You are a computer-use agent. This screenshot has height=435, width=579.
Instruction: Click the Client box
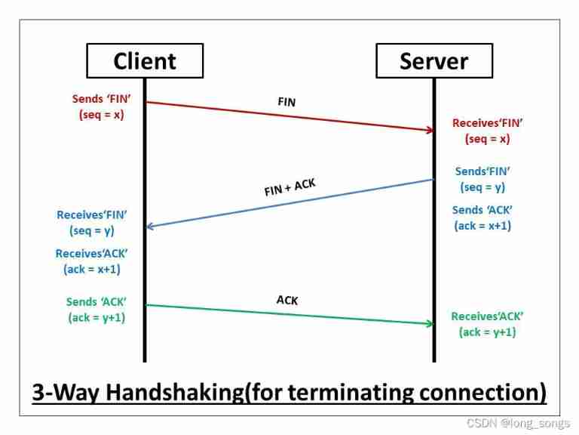(145, 60)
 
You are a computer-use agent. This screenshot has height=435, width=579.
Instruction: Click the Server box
(433, 60)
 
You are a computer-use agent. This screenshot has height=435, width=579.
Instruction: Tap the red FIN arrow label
(286, 102)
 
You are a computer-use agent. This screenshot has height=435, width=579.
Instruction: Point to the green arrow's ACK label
(287, 301)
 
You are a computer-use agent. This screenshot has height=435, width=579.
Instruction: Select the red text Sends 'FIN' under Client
(98, 99)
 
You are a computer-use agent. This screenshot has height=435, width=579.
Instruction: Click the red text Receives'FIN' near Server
(487, 123)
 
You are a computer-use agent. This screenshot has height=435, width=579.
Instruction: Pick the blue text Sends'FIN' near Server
(482, 171)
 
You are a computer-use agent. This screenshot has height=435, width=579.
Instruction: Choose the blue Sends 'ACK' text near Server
(482, 210)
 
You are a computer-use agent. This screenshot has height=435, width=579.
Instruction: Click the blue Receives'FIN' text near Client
(91, 215)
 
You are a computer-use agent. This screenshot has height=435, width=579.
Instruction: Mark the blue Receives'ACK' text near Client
(91, 254)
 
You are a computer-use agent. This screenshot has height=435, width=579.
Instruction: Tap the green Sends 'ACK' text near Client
(96, 302)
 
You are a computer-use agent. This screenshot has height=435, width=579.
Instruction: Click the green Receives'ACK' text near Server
(487, 316)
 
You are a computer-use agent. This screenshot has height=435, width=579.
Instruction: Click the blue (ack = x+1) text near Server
(482, 226)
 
